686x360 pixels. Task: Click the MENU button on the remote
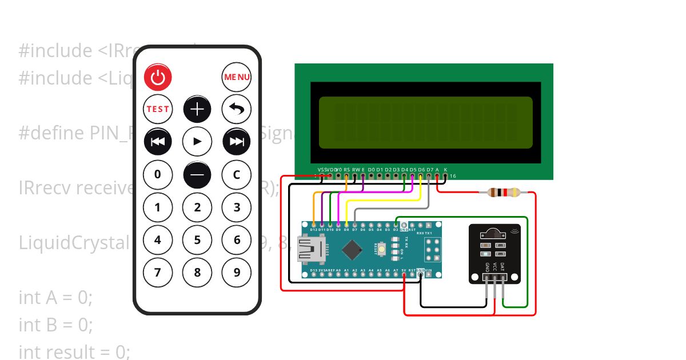[237, 77]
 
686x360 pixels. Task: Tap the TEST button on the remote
[158, 109]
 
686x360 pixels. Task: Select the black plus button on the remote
[197, 109]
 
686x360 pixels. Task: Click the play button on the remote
[197, 141]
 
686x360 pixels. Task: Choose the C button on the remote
[237, 174]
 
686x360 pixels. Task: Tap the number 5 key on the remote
[197, 240]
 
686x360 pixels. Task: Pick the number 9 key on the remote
[237, 273]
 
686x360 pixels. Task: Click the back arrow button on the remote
[237, 109]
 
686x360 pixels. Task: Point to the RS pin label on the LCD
[347, 170]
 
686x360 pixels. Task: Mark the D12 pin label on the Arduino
[313, 230]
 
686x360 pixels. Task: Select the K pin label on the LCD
[445, 170]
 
